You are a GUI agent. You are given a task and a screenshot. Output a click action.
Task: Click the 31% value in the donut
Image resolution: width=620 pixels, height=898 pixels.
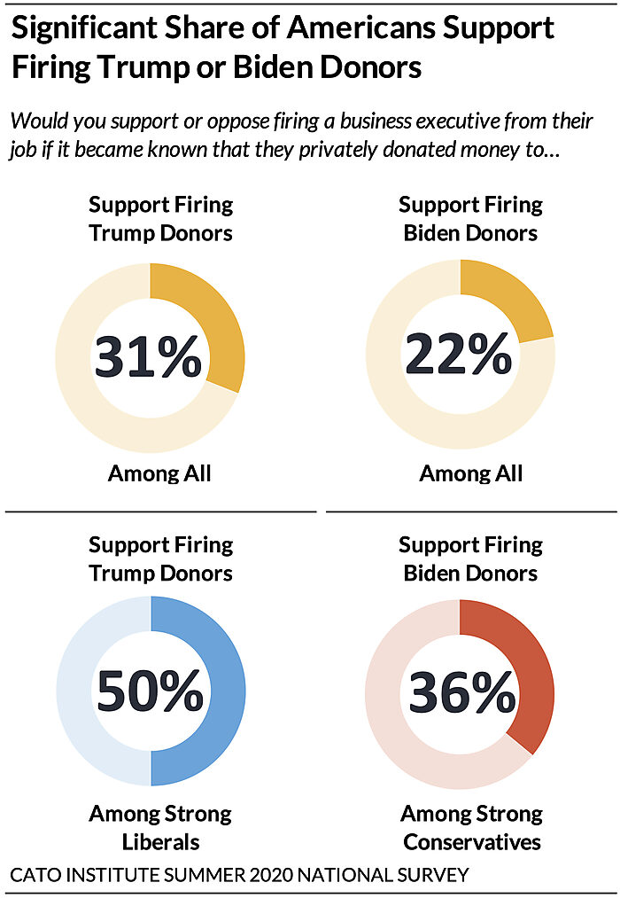(x=149, y=356)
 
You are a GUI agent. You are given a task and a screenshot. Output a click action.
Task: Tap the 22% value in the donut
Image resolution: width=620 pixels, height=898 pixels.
(x=459, y=356)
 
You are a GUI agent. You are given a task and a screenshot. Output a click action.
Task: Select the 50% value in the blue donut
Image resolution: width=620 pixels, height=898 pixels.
(x=150, y=691)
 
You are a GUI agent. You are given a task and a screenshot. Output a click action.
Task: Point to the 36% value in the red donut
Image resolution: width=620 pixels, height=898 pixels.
(x=460, y=691)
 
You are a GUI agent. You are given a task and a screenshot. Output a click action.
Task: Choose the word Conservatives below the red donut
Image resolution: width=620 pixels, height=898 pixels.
(x=471, y=841)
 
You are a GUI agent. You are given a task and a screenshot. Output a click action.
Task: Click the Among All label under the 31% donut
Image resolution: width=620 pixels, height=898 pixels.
(x=159, y=473)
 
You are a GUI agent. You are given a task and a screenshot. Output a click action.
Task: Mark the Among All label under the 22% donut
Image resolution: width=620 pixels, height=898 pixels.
(x=470, y=473)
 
